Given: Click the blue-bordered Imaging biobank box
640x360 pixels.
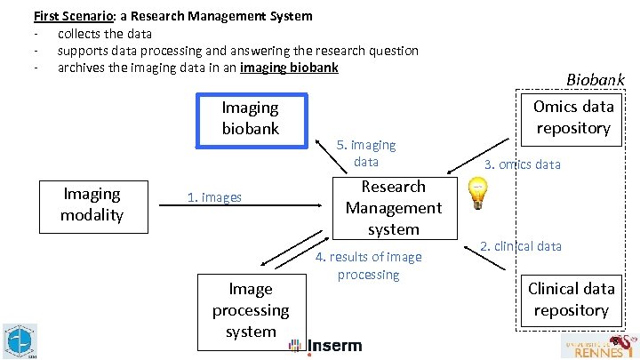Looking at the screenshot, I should (251, 119).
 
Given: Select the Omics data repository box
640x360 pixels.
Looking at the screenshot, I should (573, 117).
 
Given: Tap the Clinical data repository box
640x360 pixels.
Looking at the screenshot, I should (571, 300).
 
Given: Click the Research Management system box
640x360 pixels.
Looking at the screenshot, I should (393, 208).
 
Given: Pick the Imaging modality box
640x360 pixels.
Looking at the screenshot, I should (92, 204).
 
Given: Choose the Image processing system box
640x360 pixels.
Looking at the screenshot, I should (251, 310).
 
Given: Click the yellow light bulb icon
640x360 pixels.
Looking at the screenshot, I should (477, 191).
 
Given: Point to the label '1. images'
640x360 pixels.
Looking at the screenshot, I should (214, 197).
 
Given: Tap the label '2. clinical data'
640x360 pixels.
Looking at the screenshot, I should (521, 246).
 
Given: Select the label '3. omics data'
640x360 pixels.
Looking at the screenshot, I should (523, 164).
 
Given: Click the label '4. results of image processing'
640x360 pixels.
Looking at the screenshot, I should (369, 266).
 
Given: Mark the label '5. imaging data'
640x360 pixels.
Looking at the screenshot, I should (366, 153).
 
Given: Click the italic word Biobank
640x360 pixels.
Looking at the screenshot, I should (596, 79).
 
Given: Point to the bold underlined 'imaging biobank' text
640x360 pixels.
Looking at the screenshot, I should (289, 68).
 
